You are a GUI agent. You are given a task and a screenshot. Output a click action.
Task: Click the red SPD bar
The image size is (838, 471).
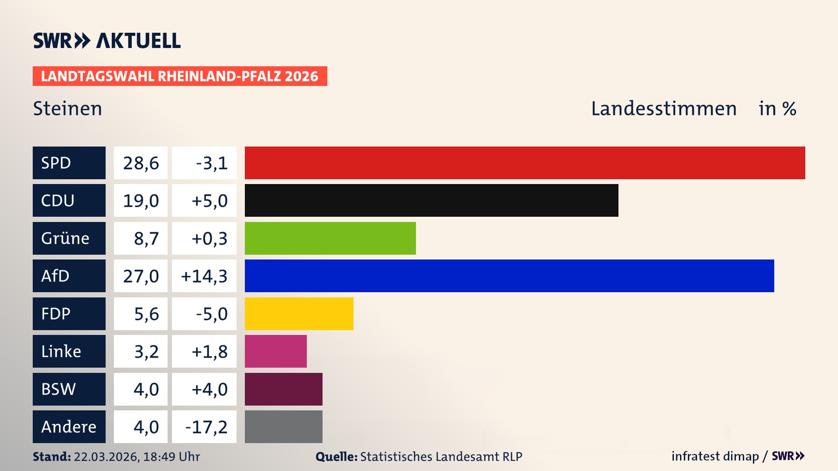point(525,163)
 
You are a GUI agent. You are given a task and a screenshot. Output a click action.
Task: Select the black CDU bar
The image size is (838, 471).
point(431,200)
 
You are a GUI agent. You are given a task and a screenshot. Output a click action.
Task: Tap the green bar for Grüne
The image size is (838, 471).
point(330,238)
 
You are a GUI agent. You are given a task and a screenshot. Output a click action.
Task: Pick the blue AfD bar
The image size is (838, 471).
point(509,276)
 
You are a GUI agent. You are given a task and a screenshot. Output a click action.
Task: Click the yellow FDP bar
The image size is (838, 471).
point(299,314)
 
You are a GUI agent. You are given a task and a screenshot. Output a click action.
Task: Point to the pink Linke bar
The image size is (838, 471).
point(275,351)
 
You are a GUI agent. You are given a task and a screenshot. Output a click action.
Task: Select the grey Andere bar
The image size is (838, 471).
point(283,427)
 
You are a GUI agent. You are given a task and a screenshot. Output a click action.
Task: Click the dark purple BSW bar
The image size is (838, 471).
point(283,389)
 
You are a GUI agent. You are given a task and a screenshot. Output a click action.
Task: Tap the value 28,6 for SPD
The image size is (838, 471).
point(141,163)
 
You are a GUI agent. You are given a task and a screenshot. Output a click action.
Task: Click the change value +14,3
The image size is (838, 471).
point(204,276)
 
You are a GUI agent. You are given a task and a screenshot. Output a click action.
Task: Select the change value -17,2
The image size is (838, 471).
point(206,427)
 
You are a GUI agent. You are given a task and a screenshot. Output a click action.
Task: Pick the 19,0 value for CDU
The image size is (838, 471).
point(141,201)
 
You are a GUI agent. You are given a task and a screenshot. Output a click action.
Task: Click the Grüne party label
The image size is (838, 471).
point(65,238)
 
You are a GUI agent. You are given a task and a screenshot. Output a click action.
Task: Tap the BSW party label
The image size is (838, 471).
point(58,389)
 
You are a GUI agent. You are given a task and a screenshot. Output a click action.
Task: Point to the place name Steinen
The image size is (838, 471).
point(68,109)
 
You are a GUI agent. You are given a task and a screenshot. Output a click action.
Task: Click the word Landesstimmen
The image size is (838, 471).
point(663,109)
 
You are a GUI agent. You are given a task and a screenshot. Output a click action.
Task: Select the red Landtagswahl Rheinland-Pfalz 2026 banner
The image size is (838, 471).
point(180,76)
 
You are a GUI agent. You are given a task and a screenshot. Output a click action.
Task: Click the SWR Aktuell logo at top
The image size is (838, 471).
point(107,41)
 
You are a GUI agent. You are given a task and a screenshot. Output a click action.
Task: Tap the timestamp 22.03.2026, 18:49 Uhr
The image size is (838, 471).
point(137,457)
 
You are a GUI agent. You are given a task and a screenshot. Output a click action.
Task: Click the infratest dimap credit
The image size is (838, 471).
point(715,456)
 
